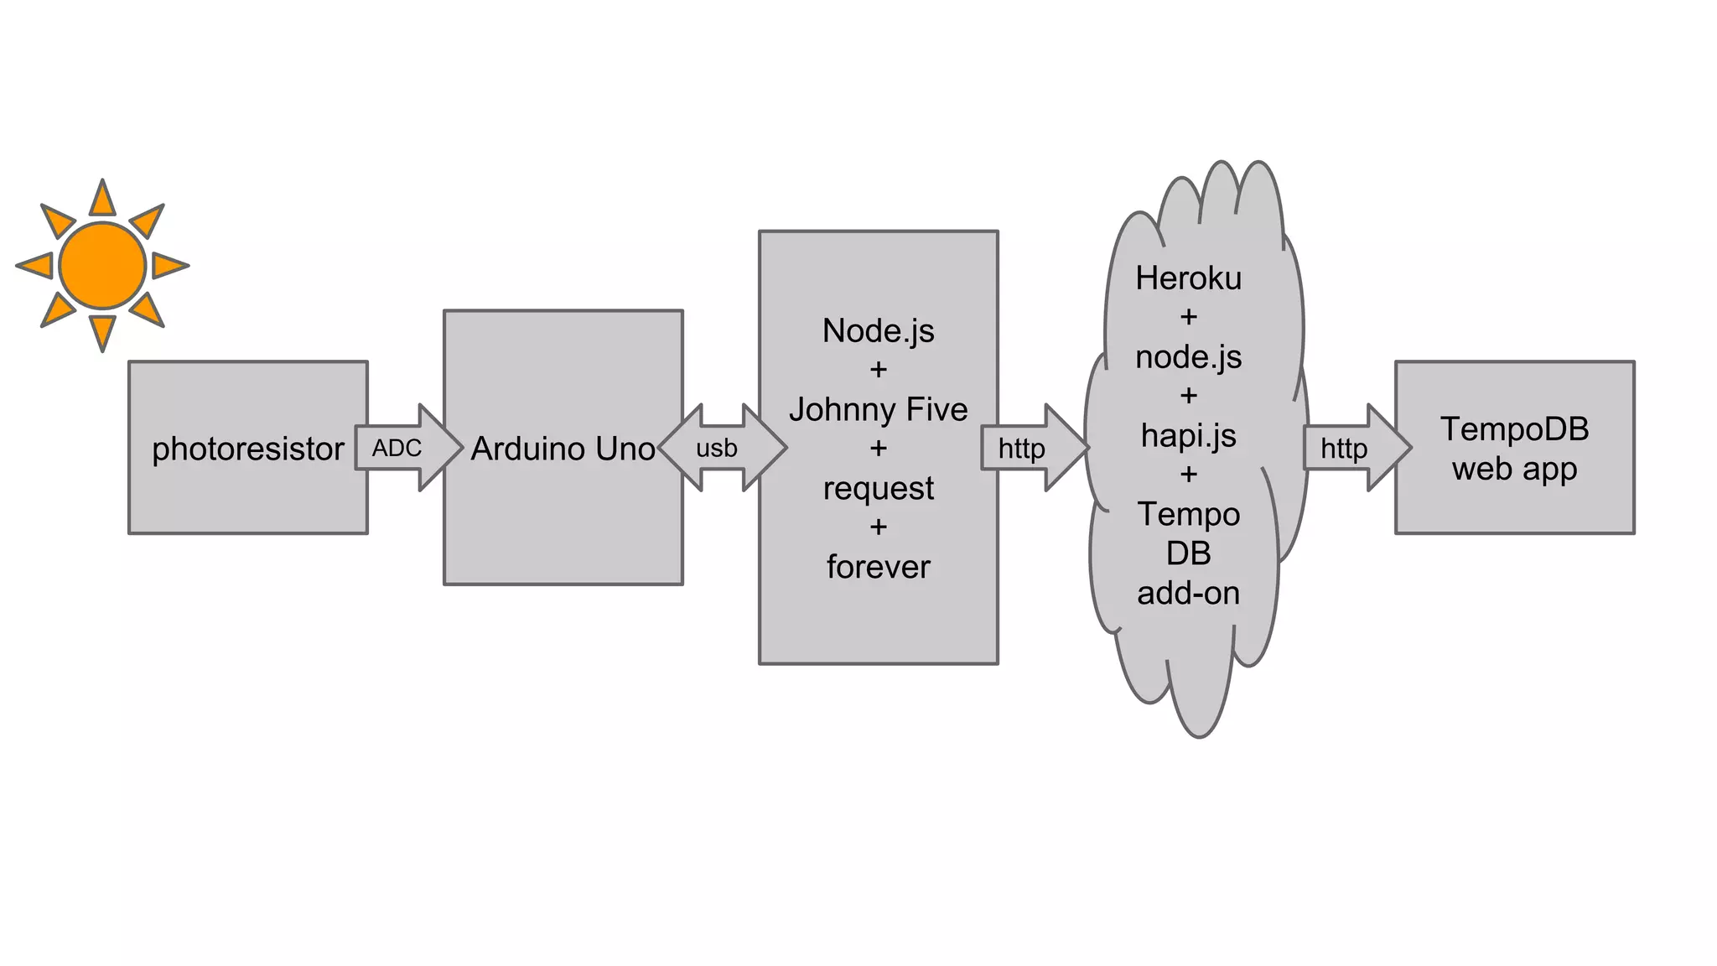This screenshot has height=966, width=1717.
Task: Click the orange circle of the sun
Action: click(102, 265)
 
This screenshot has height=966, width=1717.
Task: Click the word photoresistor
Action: click(247, 449)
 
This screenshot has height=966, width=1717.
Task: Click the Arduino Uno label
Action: click(563, 449)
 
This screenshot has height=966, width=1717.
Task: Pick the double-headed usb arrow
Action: click(721, 448)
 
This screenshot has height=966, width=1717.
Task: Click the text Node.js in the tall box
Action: click(878, 330)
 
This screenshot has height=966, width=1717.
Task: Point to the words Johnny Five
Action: click(878, 409)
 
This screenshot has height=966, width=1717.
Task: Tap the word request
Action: click(878, 488)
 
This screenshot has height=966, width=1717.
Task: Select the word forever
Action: click(878, 567)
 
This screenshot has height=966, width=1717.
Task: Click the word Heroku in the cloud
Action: click(1188, 278)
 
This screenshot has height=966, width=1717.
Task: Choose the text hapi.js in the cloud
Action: click(1188, 435)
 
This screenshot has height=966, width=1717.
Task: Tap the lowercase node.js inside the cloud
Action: click(1188, 357)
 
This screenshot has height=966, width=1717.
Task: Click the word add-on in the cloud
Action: click(1188, 593)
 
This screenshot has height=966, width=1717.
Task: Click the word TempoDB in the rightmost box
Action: click(1514, 429)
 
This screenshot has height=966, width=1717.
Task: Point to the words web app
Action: click(1514, 469)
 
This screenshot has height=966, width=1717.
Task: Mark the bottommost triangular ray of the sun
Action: click(102, 331)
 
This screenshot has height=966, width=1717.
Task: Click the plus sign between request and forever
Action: click(878, 527)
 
